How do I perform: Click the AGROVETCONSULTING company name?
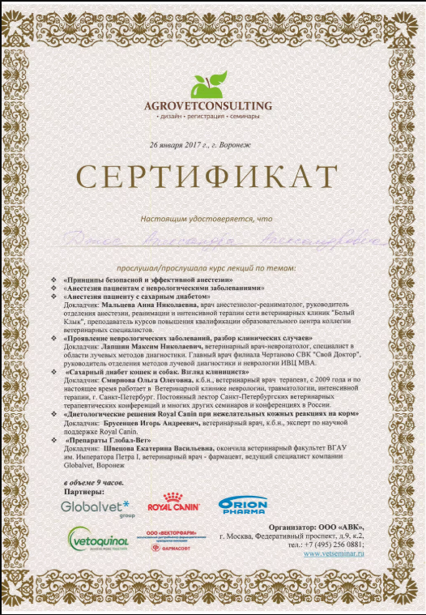click(x=208, y=106)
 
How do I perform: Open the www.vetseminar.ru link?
click(x=334, y=553)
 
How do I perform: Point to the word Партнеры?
click(x=84, y=491)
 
